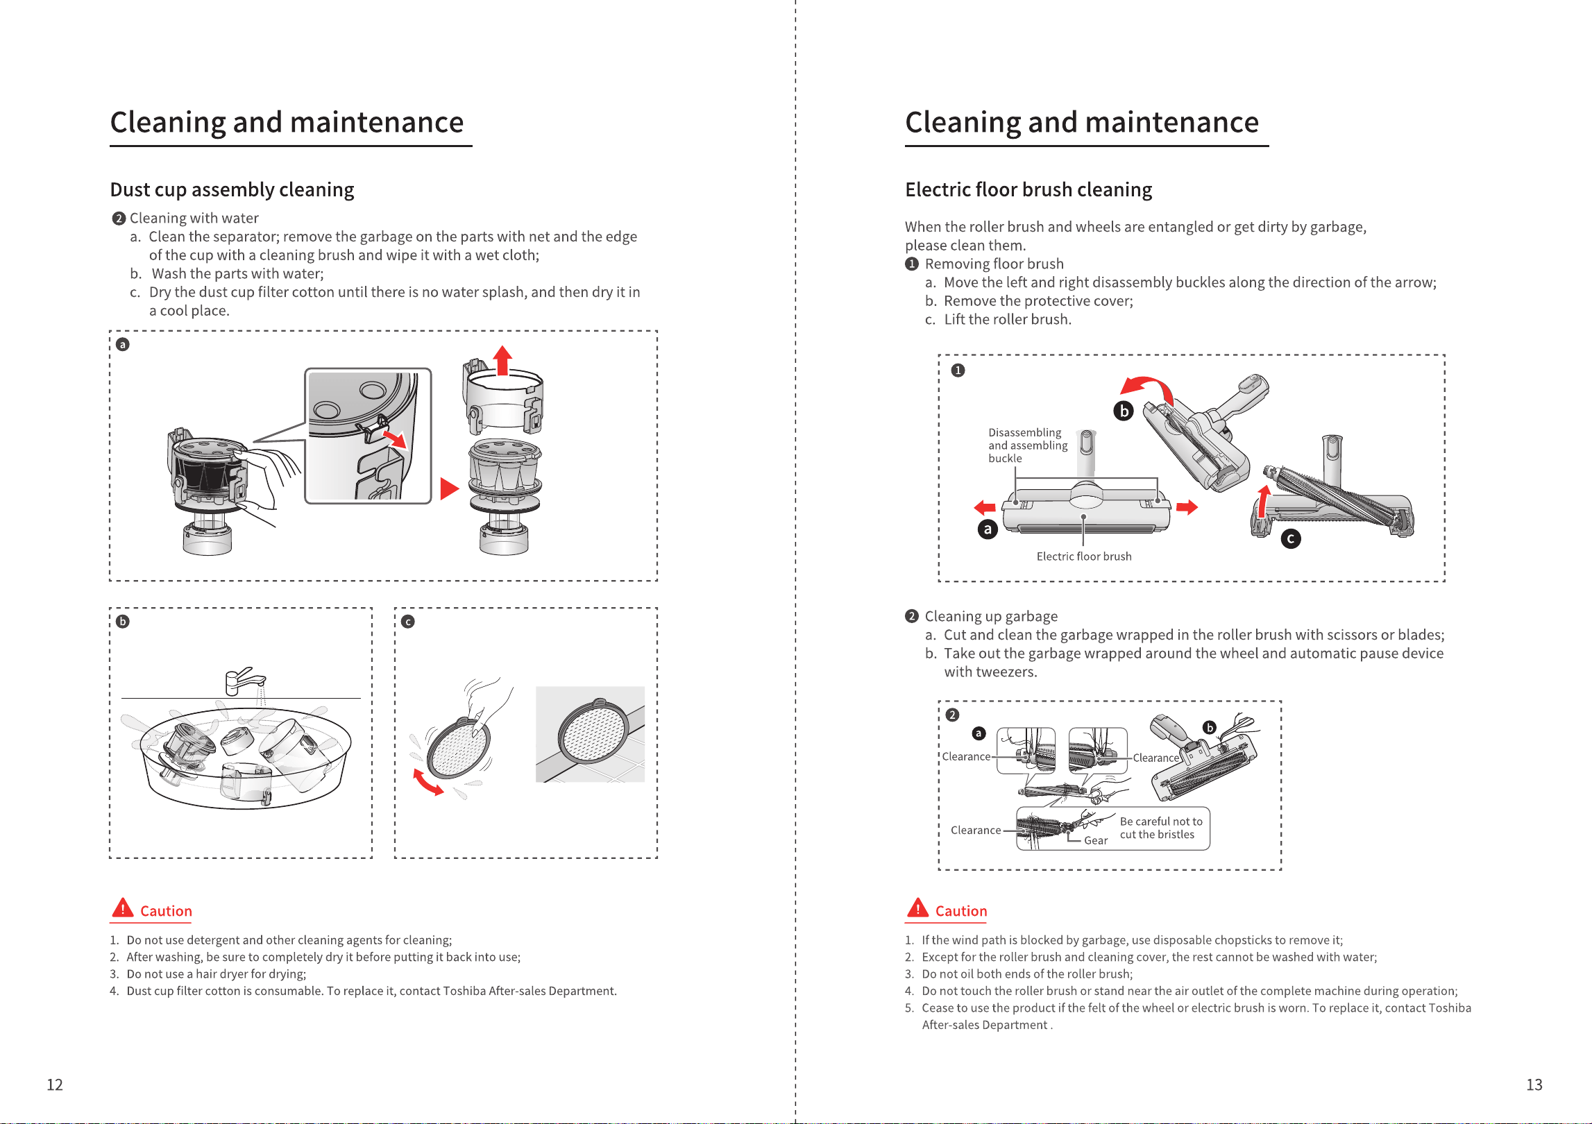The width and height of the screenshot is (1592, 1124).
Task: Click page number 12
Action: click(x=55, y=1084)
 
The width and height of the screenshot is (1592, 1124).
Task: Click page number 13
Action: click(x=1534, y=1084)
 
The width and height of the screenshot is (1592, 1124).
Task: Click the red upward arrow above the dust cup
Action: click(x=502, y=360)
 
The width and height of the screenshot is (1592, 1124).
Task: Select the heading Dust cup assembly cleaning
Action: click(x=232, y=189)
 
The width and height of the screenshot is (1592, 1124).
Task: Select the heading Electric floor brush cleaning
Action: click(x=1028, y=189)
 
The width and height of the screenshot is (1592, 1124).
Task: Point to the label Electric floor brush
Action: click(x=1084, y=556)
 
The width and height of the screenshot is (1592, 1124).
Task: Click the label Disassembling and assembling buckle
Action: click(x=1028, y=445)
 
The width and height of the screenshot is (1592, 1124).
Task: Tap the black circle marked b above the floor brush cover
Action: click(x=1124, y=411)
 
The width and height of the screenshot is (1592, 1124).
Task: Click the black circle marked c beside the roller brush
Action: click(x=1291, y=538)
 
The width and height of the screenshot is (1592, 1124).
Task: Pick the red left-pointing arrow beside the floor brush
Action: click(x=985, y=507)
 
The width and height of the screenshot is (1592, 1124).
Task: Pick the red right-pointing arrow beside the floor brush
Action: click(x=1187, y=507)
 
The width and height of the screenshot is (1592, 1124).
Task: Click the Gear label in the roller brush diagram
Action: click(x=1096, y=840)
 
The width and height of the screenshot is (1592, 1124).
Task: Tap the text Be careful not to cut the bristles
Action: click(x=1161, y=828)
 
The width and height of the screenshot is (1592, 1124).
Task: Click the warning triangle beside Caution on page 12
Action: click(x=122, y=908)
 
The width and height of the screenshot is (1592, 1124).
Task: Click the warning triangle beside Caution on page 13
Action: click(x=917, y=908)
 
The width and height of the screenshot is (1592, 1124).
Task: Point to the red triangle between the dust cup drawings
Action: click(x=450, y=489)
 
